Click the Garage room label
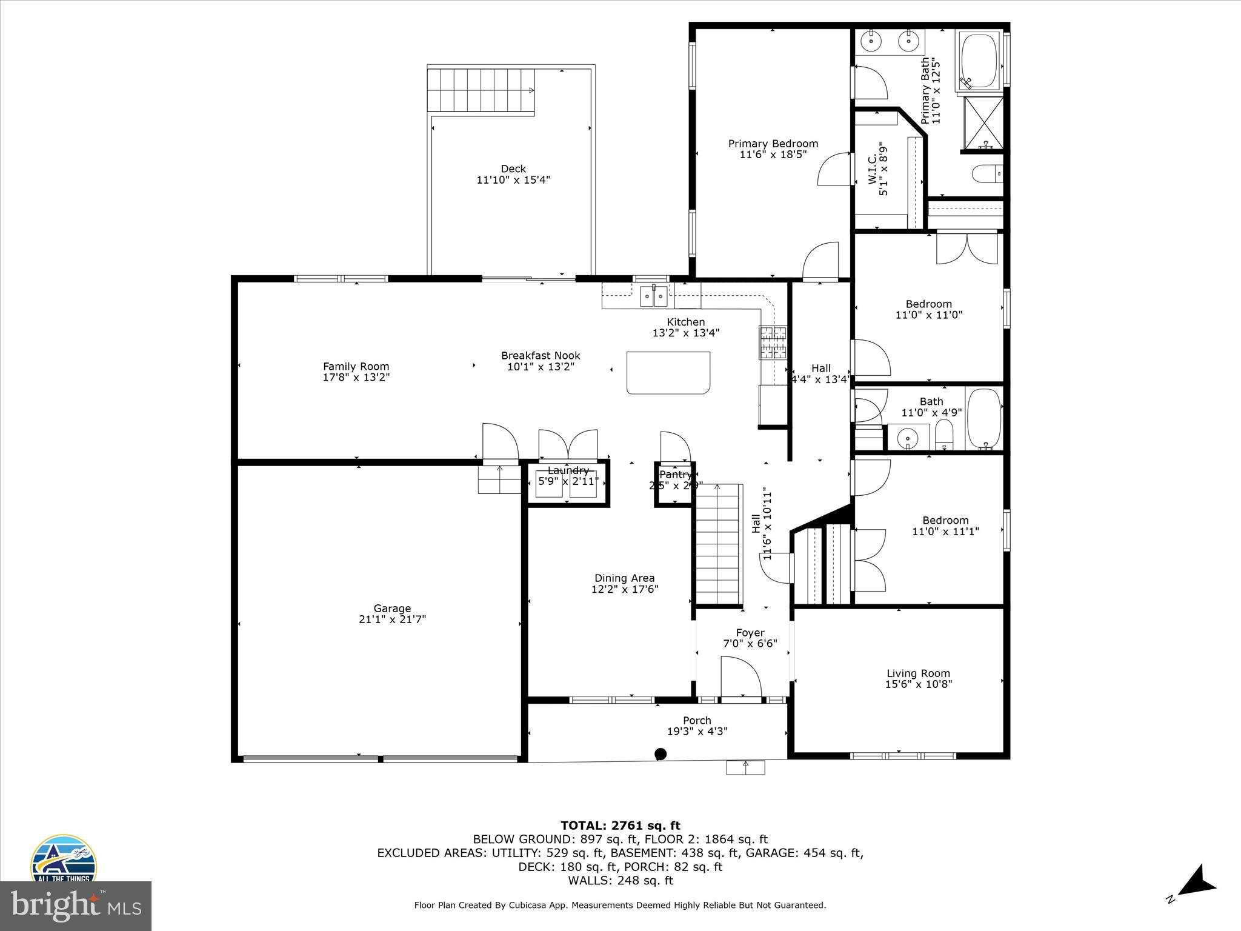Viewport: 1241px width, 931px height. click(x=392, y=609)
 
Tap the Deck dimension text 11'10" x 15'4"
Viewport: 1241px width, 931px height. click(x=513, y=180)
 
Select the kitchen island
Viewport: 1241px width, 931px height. click(x=668, y=373)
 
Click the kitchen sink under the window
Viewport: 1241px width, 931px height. click(x=654, y=296)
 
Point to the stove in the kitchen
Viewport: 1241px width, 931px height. click(x=773, y=343)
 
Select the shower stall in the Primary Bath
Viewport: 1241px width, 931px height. click(x=983, y=124)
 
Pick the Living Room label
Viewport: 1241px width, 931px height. click(x=918, y=673)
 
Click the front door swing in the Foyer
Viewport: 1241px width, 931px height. click(x=740, y=678)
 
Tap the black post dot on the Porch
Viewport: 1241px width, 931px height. click(x=660, y=754)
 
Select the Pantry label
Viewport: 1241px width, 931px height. click(x=675, y=475)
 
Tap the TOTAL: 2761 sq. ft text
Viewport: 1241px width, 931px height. click(x=620, y=826)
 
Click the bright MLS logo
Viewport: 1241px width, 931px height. click(x=76, y=906)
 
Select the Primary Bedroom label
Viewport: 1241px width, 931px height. click(x=773, y=144)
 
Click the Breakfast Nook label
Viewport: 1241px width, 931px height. click(x=541, y=356)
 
